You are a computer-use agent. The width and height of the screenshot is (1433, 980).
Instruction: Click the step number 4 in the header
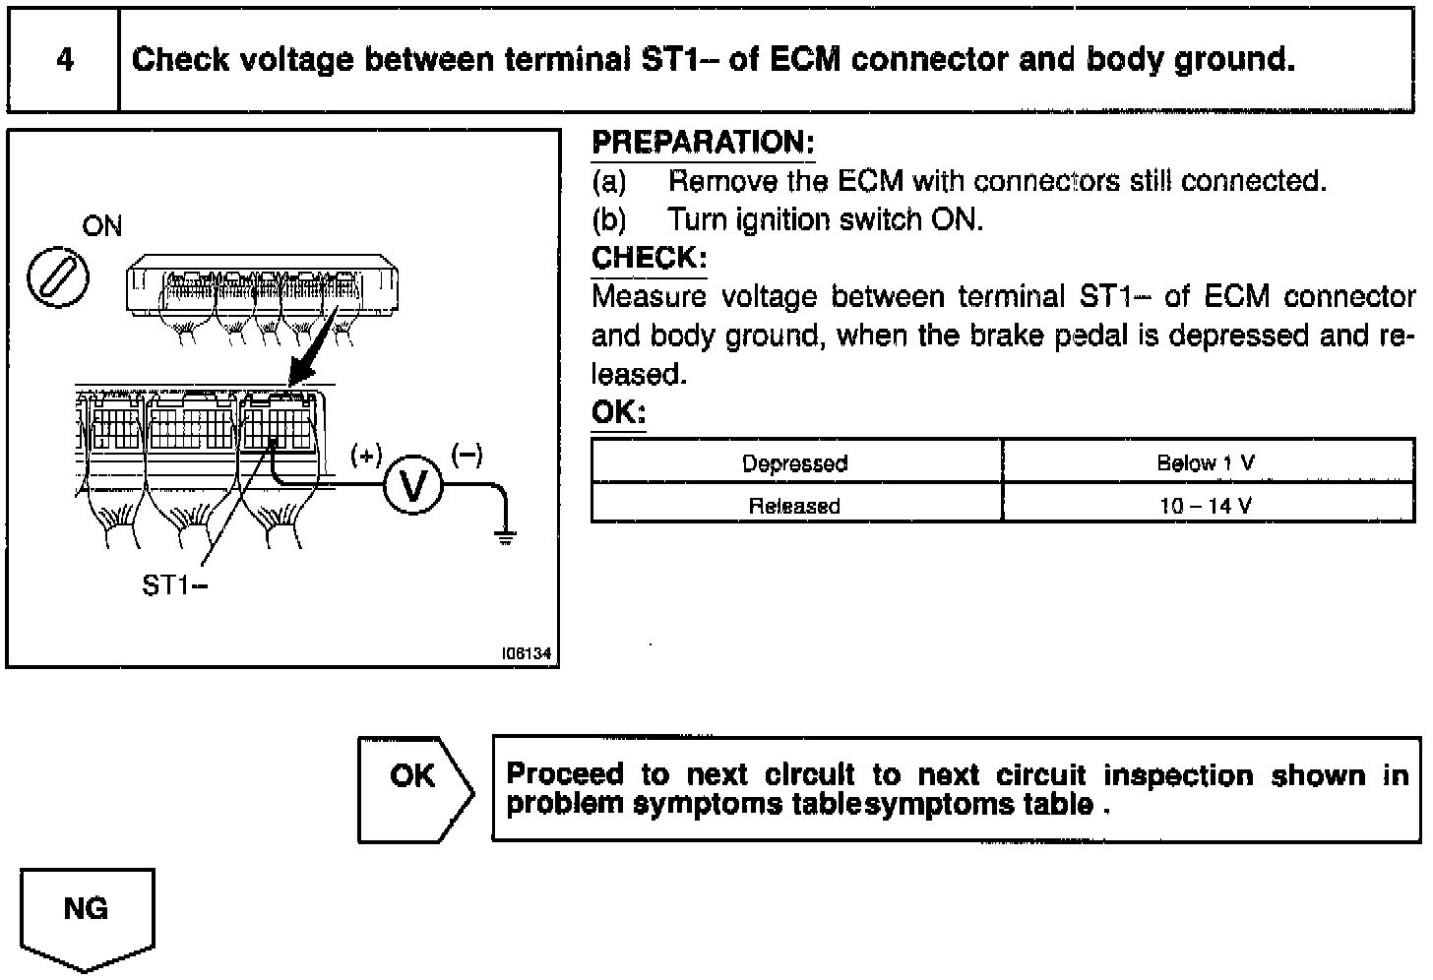click(x=65, y=60)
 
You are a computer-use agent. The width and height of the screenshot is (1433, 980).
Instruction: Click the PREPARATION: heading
click(x=703, y=143)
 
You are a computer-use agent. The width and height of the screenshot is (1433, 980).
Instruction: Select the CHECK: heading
click(x=649, y=258)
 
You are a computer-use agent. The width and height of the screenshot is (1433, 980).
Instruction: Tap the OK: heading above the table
click(x=618, y=412)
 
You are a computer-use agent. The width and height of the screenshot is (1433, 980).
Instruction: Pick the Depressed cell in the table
click(x=795, y=462)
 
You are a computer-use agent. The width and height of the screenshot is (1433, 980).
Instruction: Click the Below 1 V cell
click(x=1206, y=462)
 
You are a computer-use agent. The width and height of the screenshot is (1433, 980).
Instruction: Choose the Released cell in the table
click(x=795, y=506)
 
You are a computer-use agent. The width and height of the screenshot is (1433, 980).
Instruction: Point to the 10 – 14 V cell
click(x=1206, y=506)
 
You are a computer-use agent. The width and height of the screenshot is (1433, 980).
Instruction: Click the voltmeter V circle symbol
click(x=413, y=486)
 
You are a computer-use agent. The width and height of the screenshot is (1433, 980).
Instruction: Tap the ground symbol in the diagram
click(x=506, y=536)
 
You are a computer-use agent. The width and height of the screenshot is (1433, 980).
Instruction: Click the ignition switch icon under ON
click(x=56, y=276)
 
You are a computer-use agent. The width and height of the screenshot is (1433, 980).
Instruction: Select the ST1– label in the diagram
click(x=175, y=585)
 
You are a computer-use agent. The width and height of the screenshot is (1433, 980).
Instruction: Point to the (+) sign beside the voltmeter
click(x=366, y=455)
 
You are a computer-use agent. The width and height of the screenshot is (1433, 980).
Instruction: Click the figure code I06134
click(x=526, y=653)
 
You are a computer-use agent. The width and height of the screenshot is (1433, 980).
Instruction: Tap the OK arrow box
click(x=413, y=789)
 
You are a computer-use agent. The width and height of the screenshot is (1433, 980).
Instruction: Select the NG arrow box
click(x=87, y=916)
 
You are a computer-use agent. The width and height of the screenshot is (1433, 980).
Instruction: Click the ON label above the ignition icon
click(x=102, y=226)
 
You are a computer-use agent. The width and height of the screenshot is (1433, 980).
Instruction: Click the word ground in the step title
click(x=1234, y=60)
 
